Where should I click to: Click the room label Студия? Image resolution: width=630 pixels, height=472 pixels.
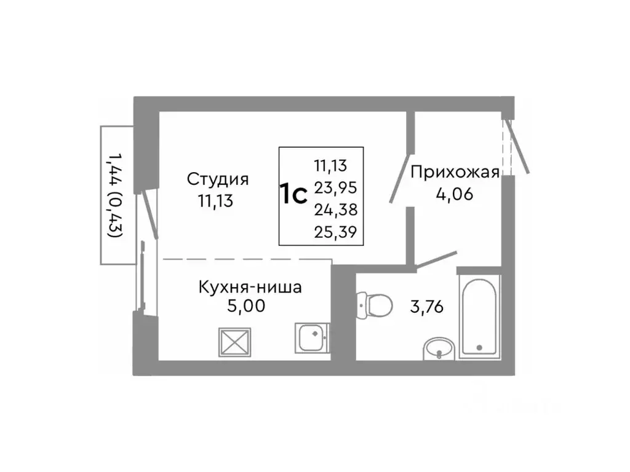click(218, 179)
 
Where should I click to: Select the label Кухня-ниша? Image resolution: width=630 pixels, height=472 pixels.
click(250, 286)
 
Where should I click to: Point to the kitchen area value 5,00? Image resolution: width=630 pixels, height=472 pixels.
click(246, 306)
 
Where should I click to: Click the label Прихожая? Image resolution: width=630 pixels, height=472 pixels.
click(454, 172)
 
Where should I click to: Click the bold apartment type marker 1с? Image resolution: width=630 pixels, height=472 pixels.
click(294, 194)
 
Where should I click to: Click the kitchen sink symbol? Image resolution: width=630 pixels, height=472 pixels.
click(312, 337)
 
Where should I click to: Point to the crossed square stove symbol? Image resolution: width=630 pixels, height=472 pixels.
click(235, 340)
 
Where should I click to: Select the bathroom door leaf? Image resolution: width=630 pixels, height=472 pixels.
click(436, 260)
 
